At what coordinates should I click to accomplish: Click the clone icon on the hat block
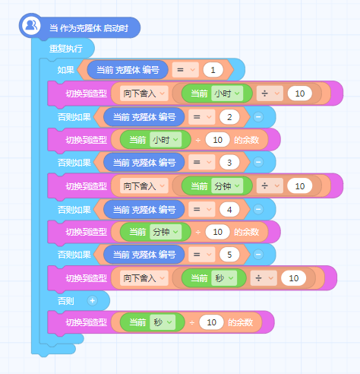pos(31,26)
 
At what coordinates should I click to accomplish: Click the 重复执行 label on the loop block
pos(66,49)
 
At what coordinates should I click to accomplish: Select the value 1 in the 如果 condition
pos(213,70)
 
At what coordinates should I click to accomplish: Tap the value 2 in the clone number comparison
pos(229,117)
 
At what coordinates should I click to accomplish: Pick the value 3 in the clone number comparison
pos(229,162)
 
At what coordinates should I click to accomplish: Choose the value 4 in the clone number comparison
pos(229,210)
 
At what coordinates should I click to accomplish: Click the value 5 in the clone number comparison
pos(229,255)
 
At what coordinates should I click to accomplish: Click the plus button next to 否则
pos(92,301)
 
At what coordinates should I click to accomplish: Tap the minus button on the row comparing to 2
pos(258,117)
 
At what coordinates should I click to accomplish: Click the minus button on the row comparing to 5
pos(258,254)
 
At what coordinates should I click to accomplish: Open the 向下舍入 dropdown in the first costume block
pos(144,93)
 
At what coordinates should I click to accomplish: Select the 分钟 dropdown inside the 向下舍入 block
pos(227,186)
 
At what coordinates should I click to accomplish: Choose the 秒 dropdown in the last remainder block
pos(163,322)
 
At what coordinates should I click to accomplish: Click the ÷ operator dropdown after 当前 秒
pos(264,278)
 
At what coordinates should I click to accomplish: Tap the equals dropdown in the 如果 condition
pos(185,70)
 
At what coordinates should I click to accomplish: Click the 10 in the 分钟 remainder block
pos(218,232)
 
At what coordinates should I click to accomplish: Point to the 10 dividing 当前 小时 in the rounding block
pos(300,93)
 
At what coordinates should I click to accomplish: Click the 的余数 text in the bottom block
pos(241,322)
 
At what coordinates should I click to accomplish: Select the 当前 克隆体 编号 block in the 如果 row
pos(128,70)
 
